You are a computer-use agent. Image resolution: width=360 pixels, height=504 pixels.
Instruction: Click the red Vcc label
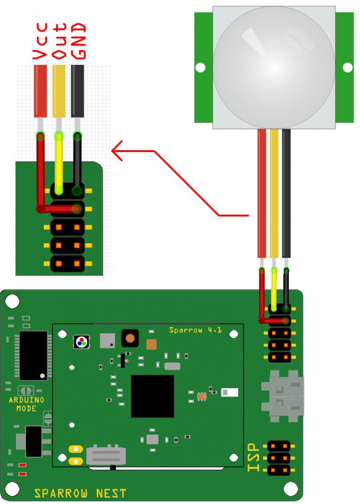click(40, 41)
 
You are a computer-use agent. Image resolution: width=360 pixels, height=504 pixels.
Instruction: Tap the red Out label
click(59, 41)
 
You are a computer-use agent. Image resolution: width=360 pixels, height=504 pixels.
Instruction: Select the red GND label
click(78, 41)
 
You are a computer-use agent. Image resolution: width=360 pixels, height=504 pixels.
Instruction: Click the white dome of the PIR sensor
click(274, 67)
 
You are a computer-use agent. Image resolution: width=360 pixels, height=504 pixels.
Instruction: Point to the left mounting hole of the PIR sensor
click(200, 67)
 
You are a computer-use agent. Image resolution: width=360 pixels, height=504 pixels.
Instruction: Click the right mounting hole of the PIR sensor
click(347, 67)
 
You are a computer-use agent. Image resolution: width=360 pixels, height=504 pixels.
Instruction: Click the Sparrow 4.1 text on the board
click(195, 330)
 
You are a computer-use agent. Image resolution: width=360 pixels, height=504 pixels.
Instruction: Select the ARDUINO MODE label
click(26, 404)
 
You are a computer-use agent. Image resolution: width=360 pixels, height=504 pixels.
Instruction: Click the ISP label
click(254, 457)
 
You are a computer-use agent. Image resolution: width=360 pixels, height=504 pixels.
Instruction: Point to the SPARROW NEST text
click(80, 493)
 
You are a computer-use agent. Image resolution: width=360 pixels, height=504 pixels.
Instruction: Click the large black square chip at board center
click(153, 396)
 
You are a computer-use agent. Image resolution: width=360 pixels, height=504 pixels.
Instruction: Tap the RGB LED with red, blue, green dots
click(82, 342)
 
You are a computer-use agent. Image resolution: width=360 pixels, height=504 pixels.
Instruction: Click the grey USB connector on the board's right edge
click(283, 396)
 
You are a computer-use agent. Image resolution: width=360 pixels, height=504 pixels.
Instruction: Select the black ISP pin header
click(279, 458)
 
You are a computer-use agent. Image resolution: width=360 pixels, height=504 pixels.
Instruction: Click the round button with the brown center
click(130, 338)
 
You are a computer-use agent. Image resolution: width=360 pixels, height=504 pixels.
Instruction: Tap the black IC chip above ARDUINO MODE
click(33, 356)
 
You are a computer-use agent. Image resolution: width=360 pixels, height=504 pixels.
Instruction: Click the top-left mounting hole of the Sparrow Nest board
click(12, 301)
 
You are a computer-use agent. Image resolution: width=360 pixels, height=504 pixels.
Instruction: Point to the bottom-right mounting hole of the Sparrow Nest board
click(291, 489)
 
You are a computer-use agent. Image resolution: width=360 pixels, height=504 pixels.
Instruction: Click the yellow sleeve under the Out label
click(59, 91)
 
